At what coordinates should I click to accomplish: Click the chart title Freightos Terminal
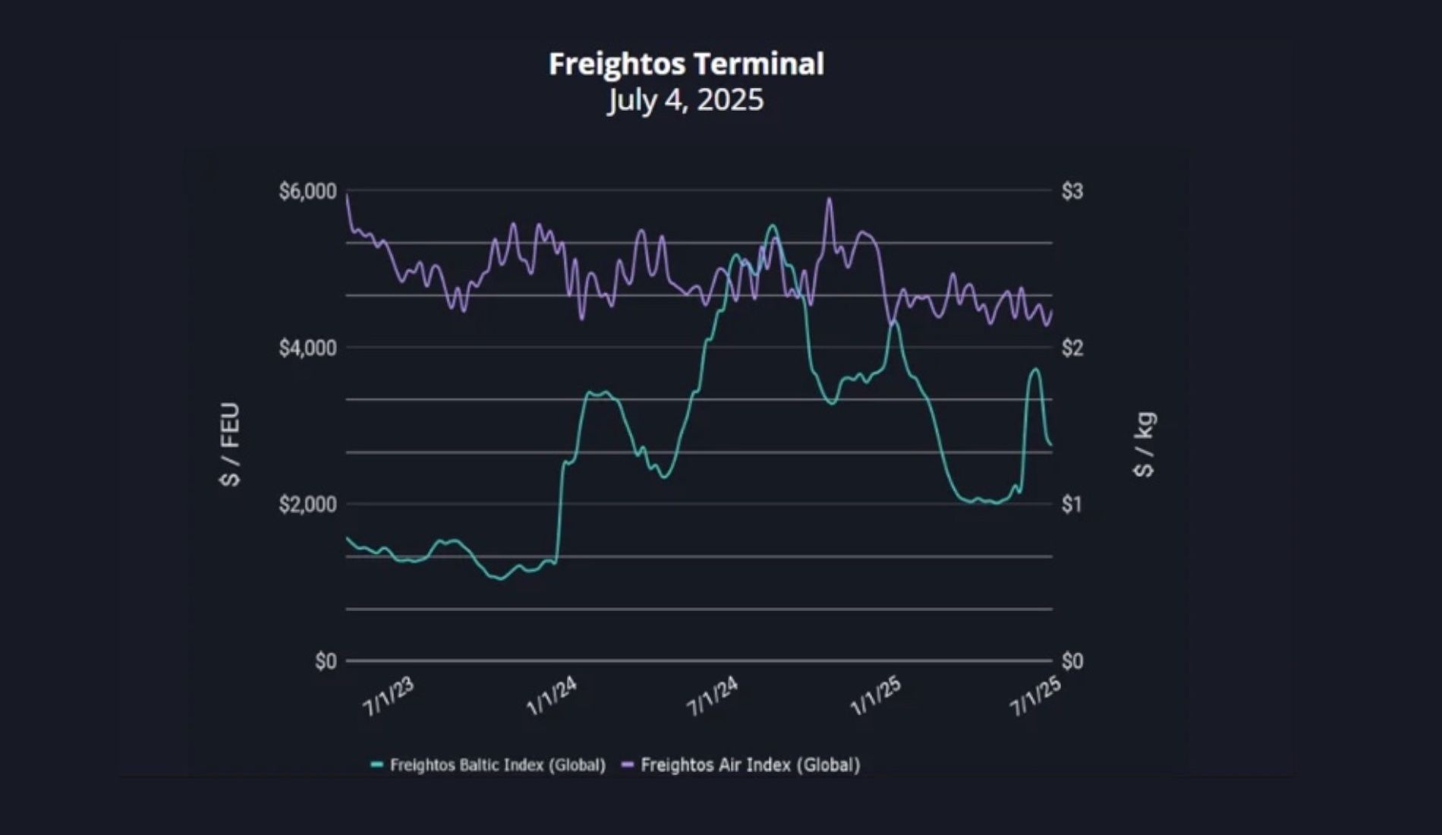(686, 64)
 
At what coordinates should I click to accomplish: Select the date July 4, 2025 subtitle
(685, 100)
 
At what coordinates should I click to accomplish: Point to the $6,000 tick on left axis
(307, 191)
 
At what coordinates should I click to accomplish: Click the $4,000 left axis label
(307, 348)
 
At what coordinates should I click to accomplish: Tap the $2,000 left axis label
(307, 505)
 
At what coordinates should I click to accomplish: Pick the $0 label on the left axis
(326, 661)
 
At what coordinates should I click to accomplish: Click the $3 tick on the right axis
(1072, 191)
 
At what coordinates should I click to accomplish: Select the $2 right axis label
(1072, 348)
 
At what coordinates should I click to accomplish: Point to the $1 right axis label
(1071, 505)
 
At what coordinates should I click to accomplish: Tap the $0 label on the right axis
(1072, 661)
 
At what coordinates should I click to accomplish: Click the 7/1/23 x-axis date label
(389, 696)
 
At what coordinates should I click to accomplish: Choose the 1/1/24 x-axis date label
(552, 696)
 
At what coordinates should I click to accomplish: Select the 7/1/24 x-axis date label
(712, 696)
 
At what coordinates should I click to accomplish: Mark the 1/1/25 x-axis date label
(875, 696)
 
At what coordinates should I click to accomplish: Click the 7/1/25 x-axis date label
(1035, 696)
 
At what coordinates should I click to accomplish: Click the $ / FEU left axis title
(230, 445)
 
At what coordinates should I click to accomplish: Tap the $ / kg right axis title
(1144, 445)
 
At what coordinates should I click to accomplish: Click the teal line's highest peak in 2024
(772, 225)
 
